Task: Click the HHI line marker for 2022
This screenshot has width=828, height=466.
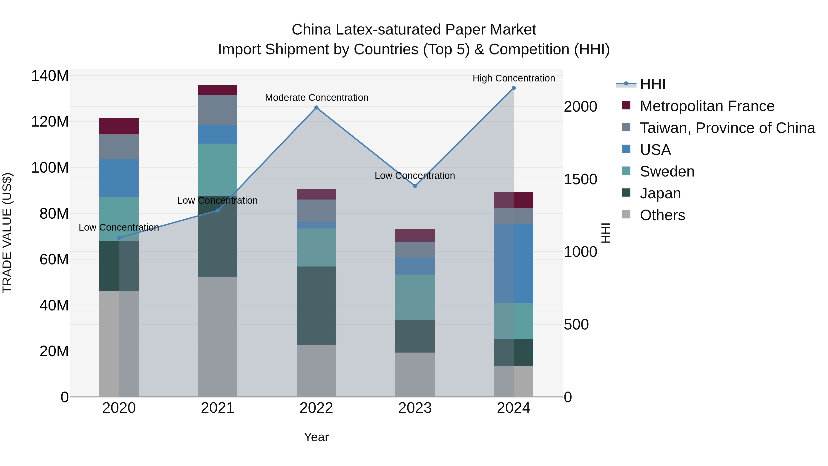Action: point(316,108)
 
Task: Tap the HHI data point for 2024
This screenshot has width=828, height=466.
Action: point(514,88)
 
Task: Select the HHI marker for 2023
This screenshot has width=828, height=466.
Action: point(415,186)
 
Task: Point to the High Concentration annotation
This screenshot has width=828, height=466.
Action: point(514,78)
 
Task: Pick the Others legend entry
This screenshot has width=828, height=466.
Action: point(662,215)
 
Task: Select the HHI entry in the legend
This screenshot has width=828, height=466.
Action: point(652,84)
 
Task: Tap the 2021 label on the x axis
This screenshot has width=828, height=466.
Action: point(218,408)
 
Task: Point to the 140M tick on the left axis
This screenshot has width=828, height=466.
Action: point(50,76)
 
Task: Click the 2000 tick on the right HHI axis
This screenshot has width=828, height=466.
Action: point(581,107)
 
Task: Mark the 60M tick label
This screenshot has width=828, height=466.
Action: point(54,259)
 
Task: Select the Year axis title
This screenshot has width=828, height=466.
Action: point(316,437)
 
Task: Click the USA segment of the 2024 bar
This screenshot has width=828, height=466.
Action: point(514,263)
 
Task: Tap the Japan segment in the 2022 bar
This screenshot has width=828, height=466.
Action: point(316,306)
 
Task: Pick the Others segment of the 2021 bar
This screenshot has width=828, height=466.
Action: point(218,337)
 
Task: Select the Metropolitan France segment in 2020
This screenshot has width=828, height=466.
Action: point(119,126)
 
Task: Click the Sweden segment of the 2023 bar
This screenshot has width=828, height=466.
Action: point(415,297)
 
